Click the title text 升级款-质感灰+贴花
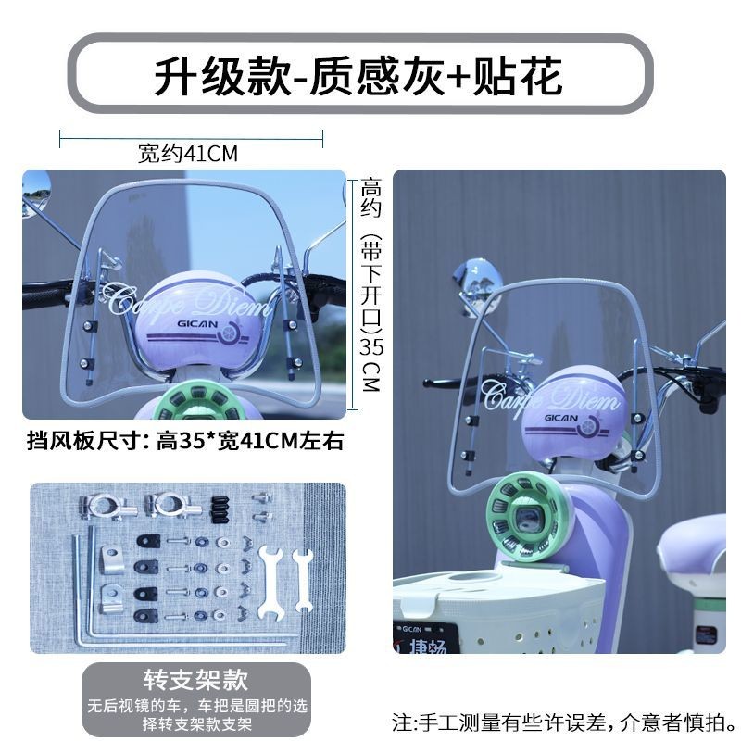358,76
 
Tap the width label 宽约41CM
188,154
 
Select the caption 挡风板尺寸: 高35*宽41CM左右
184,441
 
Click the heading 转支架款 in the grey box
195,680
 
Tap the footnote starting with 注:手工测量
565,722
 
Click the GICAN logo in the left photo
197,324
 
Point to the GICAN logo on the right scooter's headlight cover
561,418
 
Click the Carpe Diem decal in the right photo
550,397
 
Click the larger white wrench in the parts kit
270,583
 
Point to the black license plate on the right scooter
425,637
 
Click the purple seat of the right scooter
692,546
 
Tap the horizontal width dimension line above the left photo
192,139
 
